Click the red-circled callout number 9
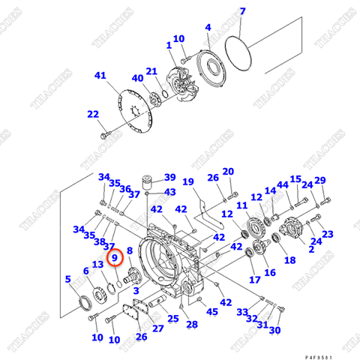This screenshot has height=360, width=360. point(115,258)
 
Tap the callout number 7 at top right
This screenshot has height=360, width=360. point(242,11)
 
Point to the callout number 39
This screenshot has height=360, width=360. point(169,178)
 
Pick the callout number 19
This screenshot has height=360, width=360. point(188,181)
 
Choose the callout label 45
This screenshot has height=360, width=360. point(212,311)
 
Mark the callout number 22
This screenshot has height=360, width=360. point(92,114)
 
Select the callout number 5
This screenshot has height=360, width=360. point(70,279)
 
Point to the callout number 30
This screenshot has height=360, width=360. point(274,330)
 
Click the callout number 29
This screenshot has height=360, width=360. point(320,181)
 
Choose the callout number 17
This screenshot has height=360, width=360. point(255,280)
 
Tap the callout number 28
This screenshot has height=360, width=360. point(192,324)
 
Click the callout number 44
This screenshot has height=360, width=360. point(282,184)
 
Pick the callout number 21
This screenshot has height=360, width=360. point(151,71)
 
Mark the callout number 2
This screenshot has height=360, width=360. point(310,249)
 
